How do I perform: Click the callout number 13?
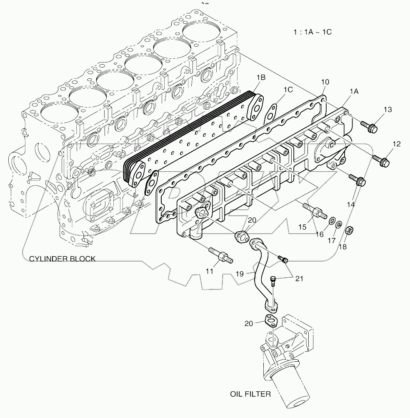pos(387,110)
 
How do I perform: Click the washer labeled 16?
pos(332,220)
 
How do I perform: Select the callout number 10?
pos(325,82)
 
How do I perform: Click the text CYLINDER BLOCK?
pos(62,259)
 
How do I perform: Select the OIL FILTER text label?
pos(251,393)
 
